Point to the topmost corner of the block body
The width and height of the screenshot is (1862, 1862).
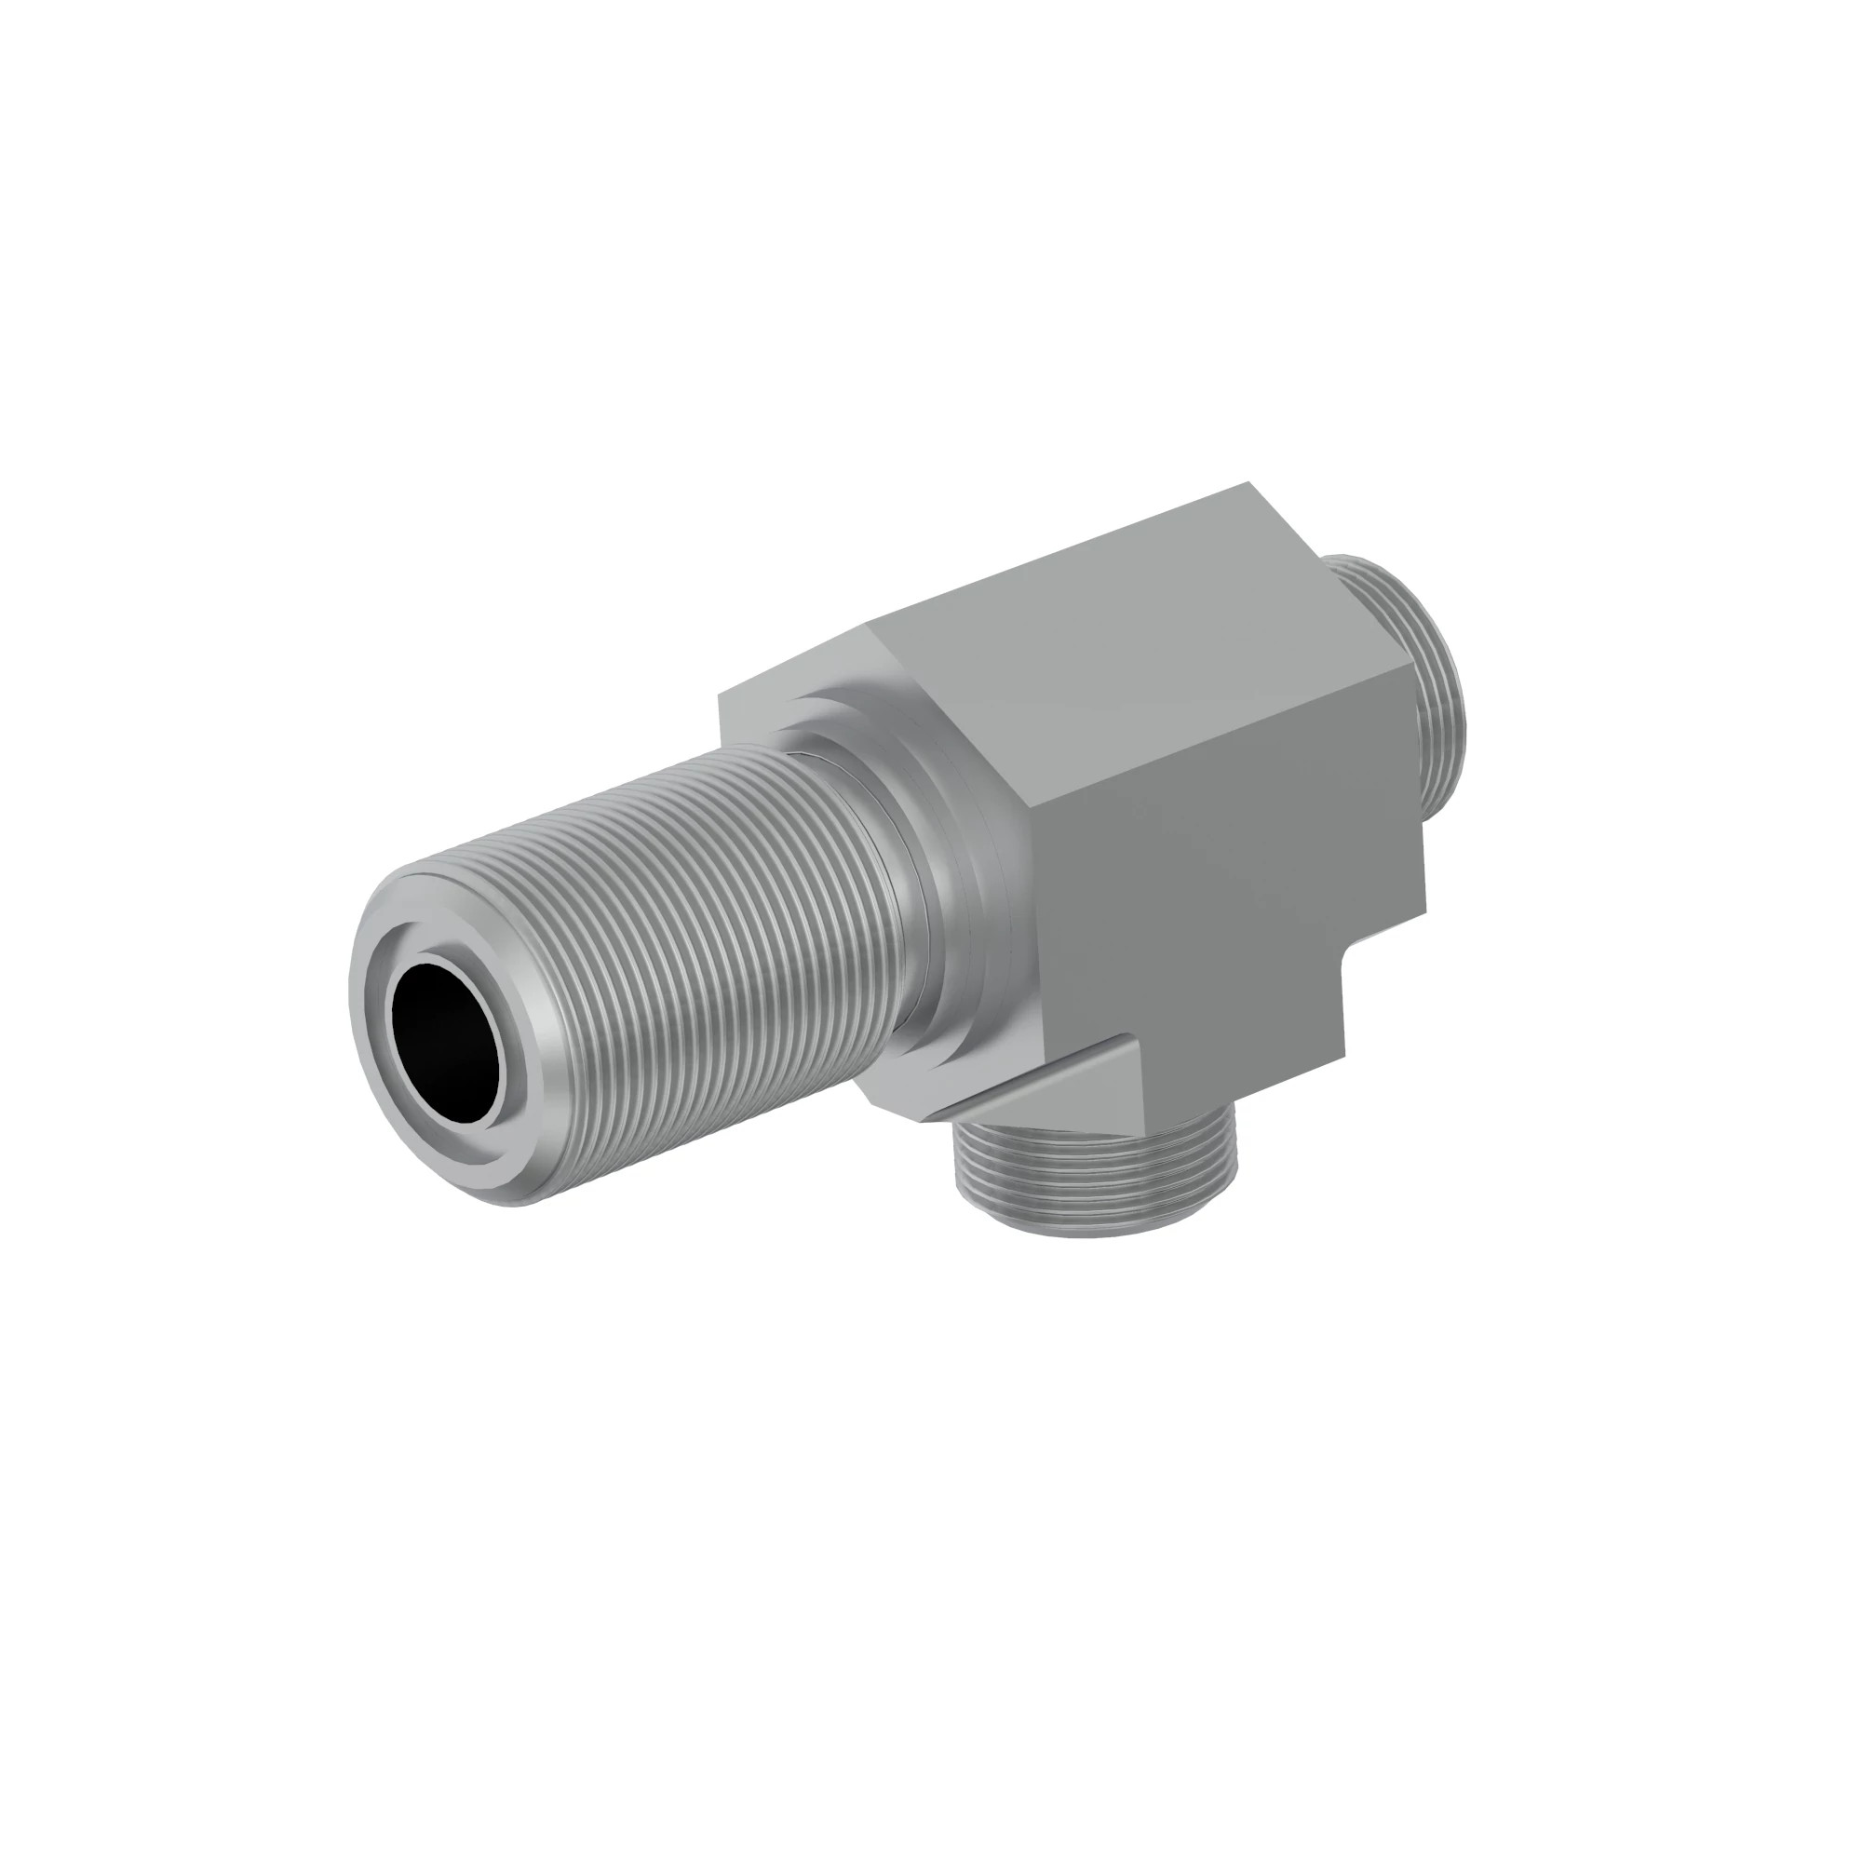pyautogui.click(x=1250, y=483)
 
